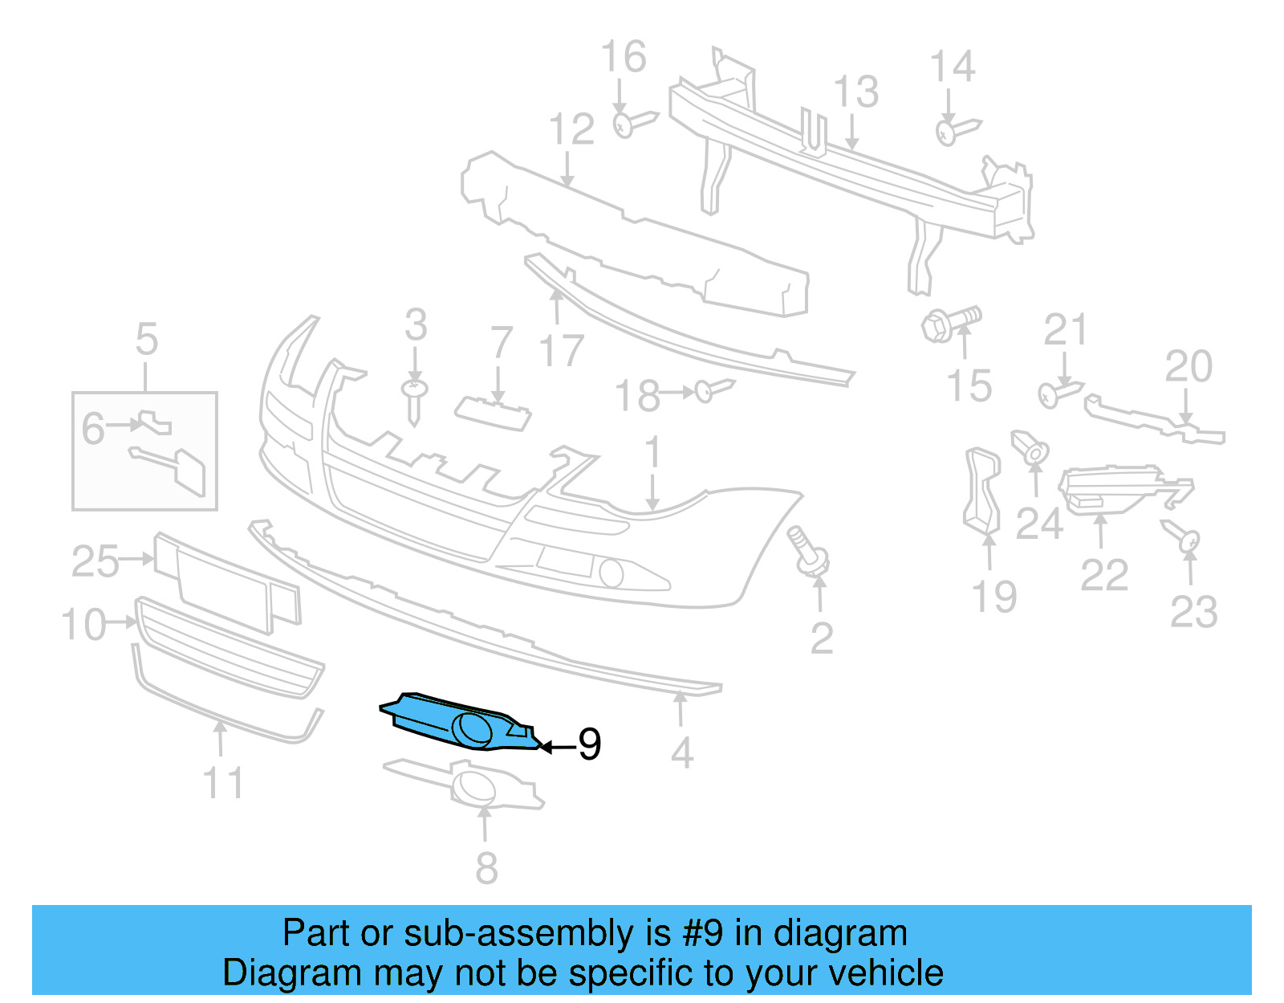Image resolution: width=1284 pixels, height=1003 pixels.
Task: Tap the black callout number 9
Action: (x=590, y=745)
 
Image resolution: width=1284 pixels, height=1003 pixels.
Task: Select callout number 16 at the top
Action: (x=624, y=58)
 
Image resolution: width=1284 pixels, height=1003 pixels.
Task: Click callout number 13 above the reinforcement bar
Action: (x=856, y=92)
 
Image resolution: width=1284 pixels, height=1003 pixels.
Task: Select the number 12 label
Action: (x=571, y=129)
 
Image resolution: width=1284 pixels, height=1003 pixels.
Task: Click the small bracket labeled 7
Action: (x=493, y=413)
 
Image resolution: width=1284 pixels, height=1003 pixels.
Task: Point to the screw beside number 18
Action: (x=713, y=390)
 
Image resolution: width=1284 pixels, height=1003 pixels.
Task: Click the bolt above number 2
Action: (x=809, y=552)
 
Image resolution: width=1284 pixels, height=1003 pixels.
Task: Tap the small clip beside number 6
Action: (x=155, y=422)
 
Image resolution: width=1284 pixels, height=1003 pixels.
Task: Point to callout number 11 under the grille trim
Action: (x=222, y=782)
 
